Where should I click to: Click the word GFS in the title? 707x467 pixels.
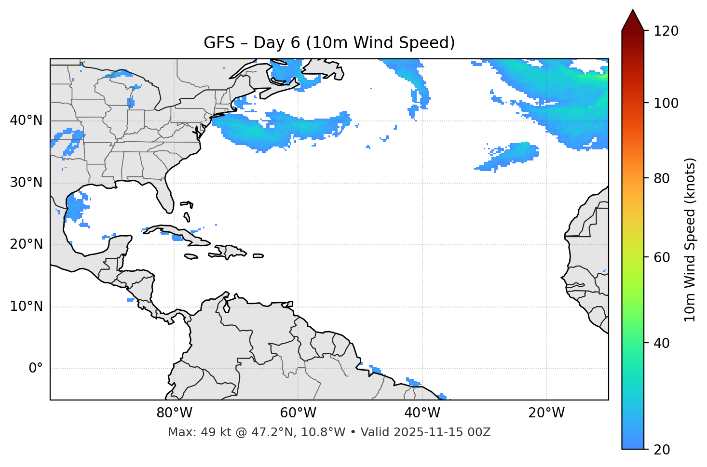coord(219,43)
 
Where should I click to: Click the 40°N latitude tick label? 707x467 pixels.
coord(26,120)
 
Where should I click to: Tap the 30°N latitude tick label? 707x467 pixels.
coord(26,183)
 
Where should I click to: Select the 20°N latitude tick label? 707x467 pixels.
coord(26,244)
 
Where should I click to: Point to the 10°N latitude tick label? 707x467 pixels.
coord(26,307)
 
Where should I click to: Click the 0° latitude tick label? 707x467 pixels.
coord(36,369)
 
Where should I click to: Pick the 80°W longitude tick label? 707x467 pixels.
coord(174,413)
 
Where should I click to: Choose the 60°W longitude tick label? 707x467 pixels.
coord(298,413)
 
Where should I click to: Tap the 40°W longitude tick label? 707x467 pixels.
coord(422,413)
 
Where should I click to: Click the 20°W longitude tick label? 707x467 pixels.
coord(546,413)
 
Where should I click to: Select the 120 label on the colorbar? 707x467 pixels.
coord(666,31)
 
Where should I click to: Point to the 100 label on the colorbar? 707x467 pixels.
coord(666,103)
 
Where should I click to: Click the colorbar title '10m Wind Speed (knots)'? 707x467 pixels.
coord(690,240)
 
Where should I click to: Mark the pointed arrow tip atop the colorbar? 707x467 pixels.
coord(633,11)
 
